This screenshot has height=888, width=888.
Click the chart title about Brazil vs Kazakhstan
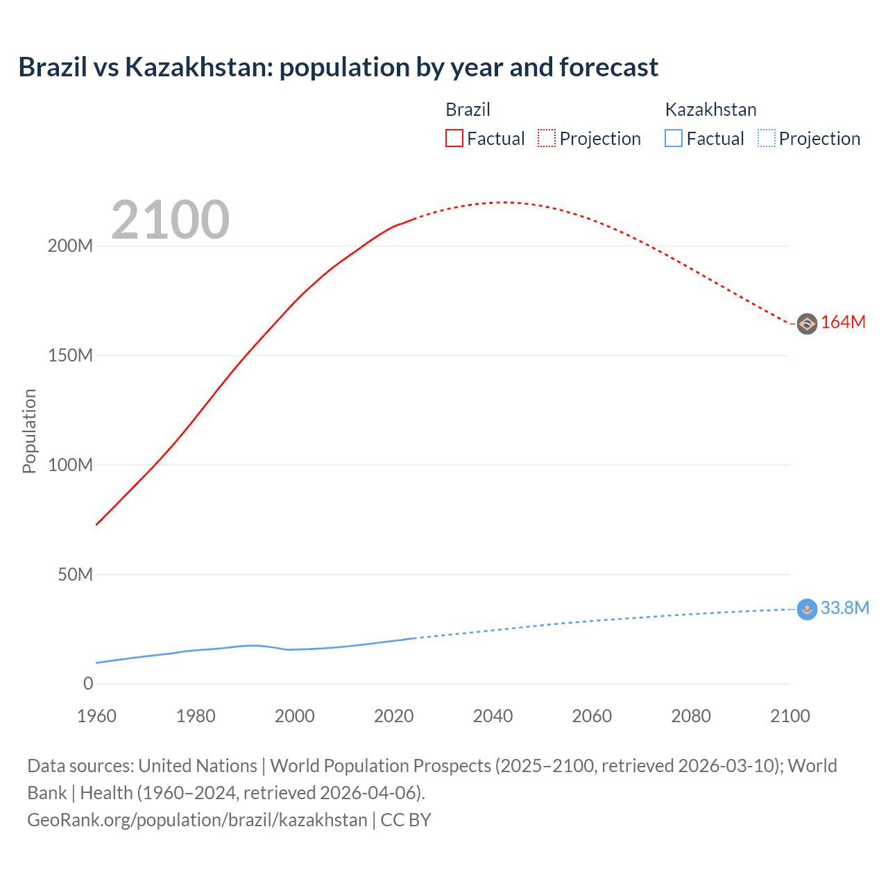click(338, 67)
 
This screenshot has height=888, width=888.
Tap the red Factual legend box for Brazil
click(454, 138)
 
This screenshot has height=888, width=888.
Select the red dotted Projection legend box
click(547, 138)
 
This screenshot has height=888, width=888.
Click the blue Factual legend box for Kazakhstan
click(673, 138)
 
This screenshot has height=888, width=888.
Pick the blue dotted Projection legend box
click(766, 138)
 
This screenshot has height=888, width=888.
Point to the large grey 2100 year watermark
click(170, 220)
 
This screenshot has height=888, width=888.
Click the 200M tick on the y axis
click(70, 246)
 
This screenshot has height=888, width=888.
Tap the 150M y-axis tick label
click(70, 356)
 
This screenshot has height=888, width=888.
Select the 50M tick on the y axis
click(75, 574)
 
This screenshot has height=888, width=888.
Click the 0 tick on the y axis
click(88, 684)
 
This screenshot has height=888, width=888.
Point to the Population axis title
click(29, 431)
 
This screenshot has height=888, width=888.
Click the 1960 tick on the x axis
click(96, 716)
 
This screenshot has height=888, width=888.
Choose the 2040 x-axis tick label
click(493, 716)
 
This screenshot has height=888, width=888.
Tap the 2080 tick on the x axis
click(691, 716)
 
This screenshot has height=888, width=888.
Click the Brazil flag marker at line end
click(807, 324)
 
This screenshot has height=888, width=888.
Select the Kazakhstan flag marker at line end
click(807, 609)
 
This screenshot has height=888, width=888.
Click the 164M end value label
click(843, 323)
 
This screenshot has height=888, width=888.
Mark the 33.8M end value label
click(844, 608)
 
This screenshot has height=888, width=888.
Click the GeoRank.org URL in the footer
click(197, 820)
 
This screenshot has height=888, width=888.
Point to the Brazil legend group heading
click(468, 110)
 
